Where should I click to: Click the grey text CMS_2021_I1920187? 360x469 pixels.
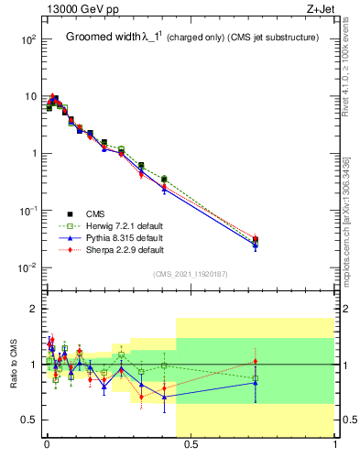[190, 274]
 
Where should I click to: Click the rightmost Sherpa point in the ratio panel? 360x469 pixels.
[256, 361]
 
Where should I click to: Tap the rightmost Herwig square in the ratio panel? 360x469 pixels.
[256, 378]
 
